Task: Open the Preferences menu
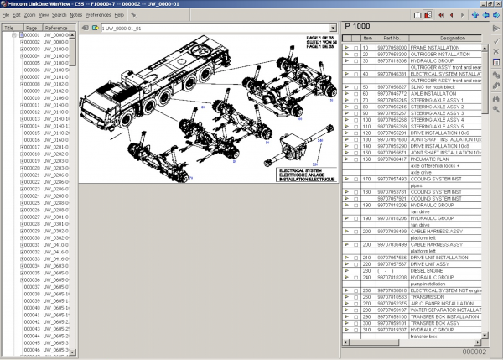click(98, 15)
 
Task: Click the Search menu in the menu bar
click(59, 15)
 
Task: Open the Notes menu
click(75, 15)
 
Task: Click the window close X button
click(496, 4)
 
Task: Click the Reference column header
click(56, 28)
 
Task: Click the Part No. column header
click(391, 39)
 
